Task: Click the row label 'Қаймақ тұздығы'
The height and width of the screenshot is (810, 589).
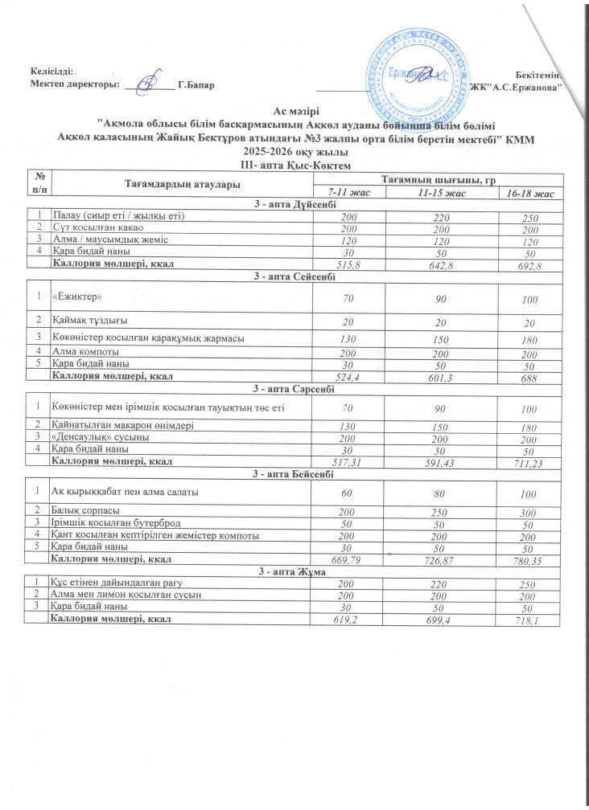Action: point(89,322)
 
